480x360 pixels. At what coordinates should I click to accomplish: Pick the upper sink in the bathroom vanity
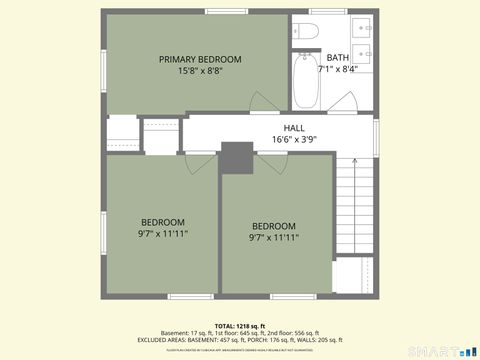tap(365, 27)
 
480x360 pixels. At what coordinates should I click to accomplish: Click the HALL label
tap(294, 128)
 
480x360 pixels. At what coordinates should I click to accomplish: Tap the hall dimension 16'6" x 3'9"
tap(294, 140)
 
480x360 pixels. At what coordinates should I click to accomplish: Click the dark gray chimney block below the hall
tap(237, 158)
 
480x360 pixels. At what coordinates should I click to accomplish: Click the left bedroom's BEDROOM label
tap(162, 221)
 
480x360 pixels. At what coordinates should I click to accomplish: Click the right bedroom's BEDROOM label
tap(273, 225)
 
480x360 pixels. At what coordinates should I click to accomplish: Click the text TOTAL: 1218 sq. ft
tap(240, 326)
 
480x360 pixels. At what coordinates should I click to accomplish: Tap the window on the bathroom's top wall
tap(325, 11)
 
